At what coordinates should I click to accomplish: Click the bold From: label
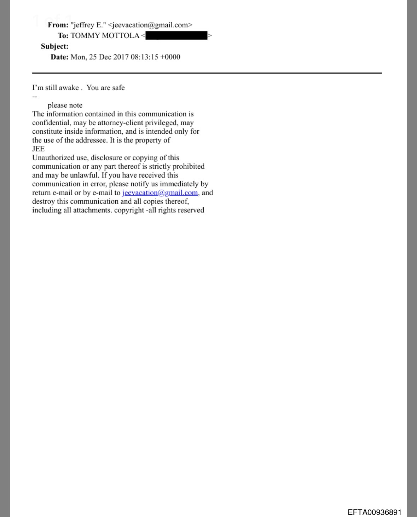pos(58,25)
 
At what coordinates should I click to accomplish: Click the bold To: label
pos(63,36)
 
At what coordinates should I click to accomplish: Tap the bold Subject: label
pos(54,46)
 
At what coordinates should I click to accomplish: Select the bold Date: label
pos(59,57)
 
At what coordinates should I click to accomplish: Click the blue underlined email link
pos(160,193)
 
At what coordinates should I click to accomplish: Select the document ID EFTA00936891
pos(375,512)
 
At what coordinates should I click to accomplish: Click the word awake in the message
pos(69,88)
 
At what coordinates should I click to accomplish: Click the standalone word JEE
pos(38,149)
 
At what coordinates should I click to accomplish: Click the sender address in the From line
pos(150,25)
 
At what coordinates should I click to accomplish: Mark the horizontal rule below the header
pos(207,73)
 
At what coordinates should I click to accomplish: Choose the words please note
pos(65,105)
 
